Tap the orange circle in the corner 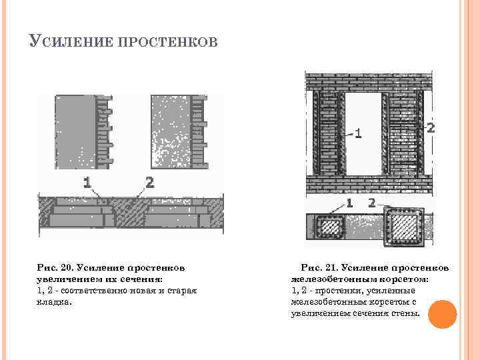tap(441, 314)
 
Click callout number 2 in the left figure tap(149, 181)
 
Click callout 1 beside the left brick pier tap(357, 133)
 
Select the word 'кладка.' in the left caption tap(53, 301)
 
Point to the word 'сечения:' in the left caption tap(141, 279)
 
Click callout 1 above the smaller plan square tap(350, 201)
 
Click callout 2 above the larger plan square tap(371, 201)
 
